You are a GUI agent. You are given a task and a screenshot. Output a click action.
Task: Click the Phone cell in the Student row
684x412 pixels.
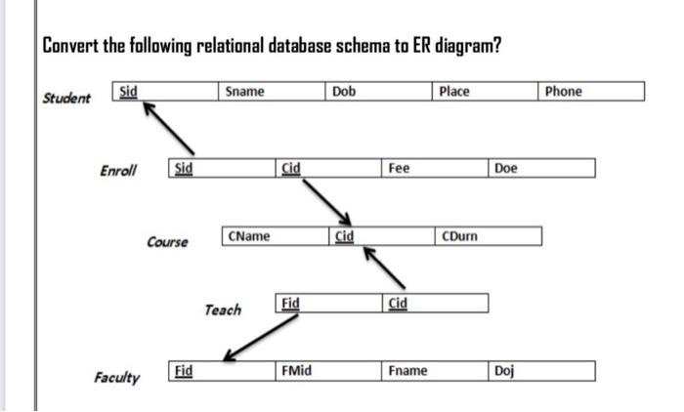point(591,92)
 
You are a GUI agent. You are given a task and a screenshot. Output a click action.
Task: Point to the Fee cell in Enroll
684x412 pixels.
point(435,168)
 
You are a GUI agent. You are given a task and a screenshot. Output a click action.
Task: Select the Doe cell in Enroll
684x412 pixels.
point(541,168)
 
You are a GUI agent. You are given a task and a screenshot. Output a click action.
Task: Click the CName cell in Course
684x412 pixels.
point(276,236)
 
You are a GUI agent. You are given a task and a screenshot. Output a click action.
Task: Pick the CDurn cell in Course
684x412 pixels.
point(488,236)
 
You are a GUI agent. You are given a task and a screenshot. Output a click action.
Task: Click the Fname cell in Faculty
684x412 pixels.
point(435,371)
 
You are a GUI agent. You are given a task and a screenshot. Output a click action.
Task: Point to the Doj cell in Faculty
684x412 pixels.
point(541,371)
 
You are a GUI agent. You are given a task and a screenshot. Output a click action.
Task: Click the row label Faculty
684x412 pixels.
point(116,377)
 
